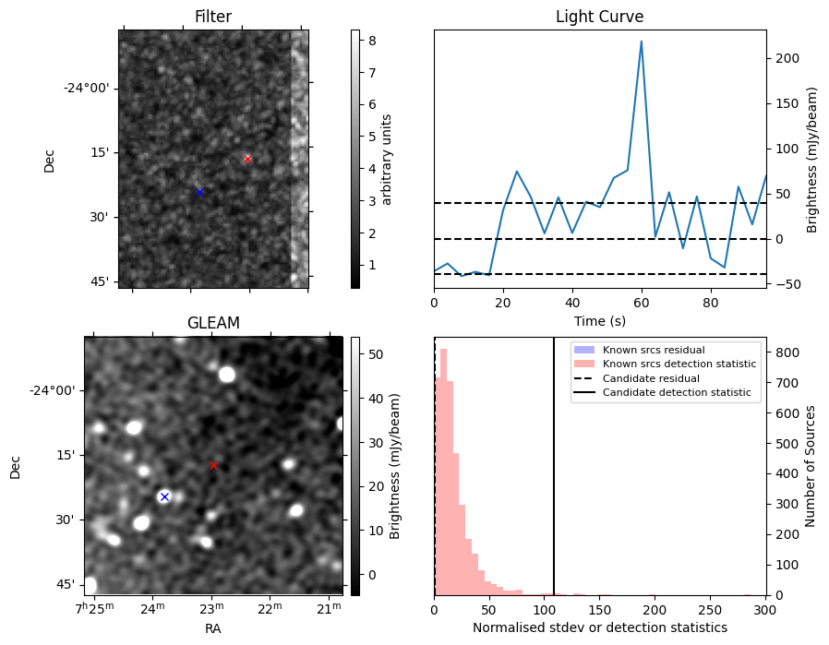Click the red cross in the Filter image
point(247,159)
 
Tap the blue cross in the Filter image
point(199,192)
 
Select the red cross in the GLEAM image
point(213,465)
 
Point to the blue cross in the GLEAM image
point(164,496)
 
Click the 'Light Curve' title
point(599,17)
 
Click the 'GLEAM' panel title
point(213,323)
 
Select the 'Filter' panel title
point(213,17)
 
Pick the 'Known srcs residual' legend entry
point(654,350)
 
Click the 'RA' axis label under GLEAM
point(213,627)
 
